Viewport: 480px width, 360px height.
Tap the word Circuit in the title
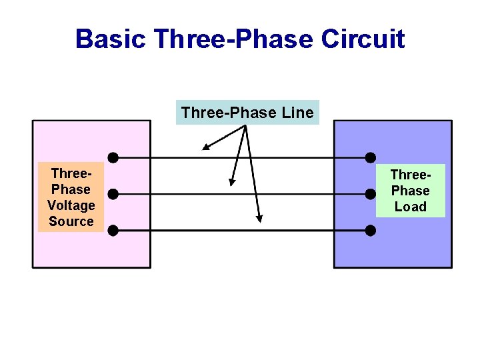click(363, 39)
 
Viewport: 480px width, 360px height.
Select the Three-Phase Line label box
click(247, 113)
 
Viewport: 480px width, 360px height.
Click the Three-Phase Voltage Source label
click(71, 197)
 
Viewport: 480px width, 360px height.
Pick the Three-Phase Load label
click(410, 191)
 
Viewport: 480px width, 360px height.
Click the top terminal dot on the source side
click(113, 158)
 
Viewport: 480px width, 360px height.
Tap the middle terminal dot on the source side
click(113, 194)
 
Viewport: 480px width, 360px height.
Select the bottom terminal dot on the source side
click(113, 231)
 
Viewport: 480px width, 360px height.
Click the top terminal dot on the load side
click(371, 158)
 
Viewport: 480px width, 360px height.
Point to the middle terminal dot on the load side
click(371, 194)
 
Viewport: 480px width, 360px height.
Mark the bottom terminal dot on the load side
click(371, 231)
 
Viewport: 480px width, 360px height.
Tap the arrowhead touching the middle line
click(231, 181)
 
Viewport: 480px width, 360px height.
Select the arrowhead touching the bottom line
click(259, 218)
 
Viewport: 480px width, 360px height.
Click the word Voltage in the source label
click(71, 205)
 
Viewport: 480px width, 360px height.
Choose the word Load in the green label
click(410, 207)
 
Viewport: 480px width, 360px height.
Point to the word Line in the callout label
click(297, 113)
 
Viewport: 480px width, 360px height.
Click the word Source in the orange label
click(71, 221)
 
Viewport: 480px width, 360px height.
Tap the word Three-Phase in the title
click(233, 39)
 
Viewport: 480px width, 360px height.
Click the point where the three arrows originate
click(247, 126)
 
